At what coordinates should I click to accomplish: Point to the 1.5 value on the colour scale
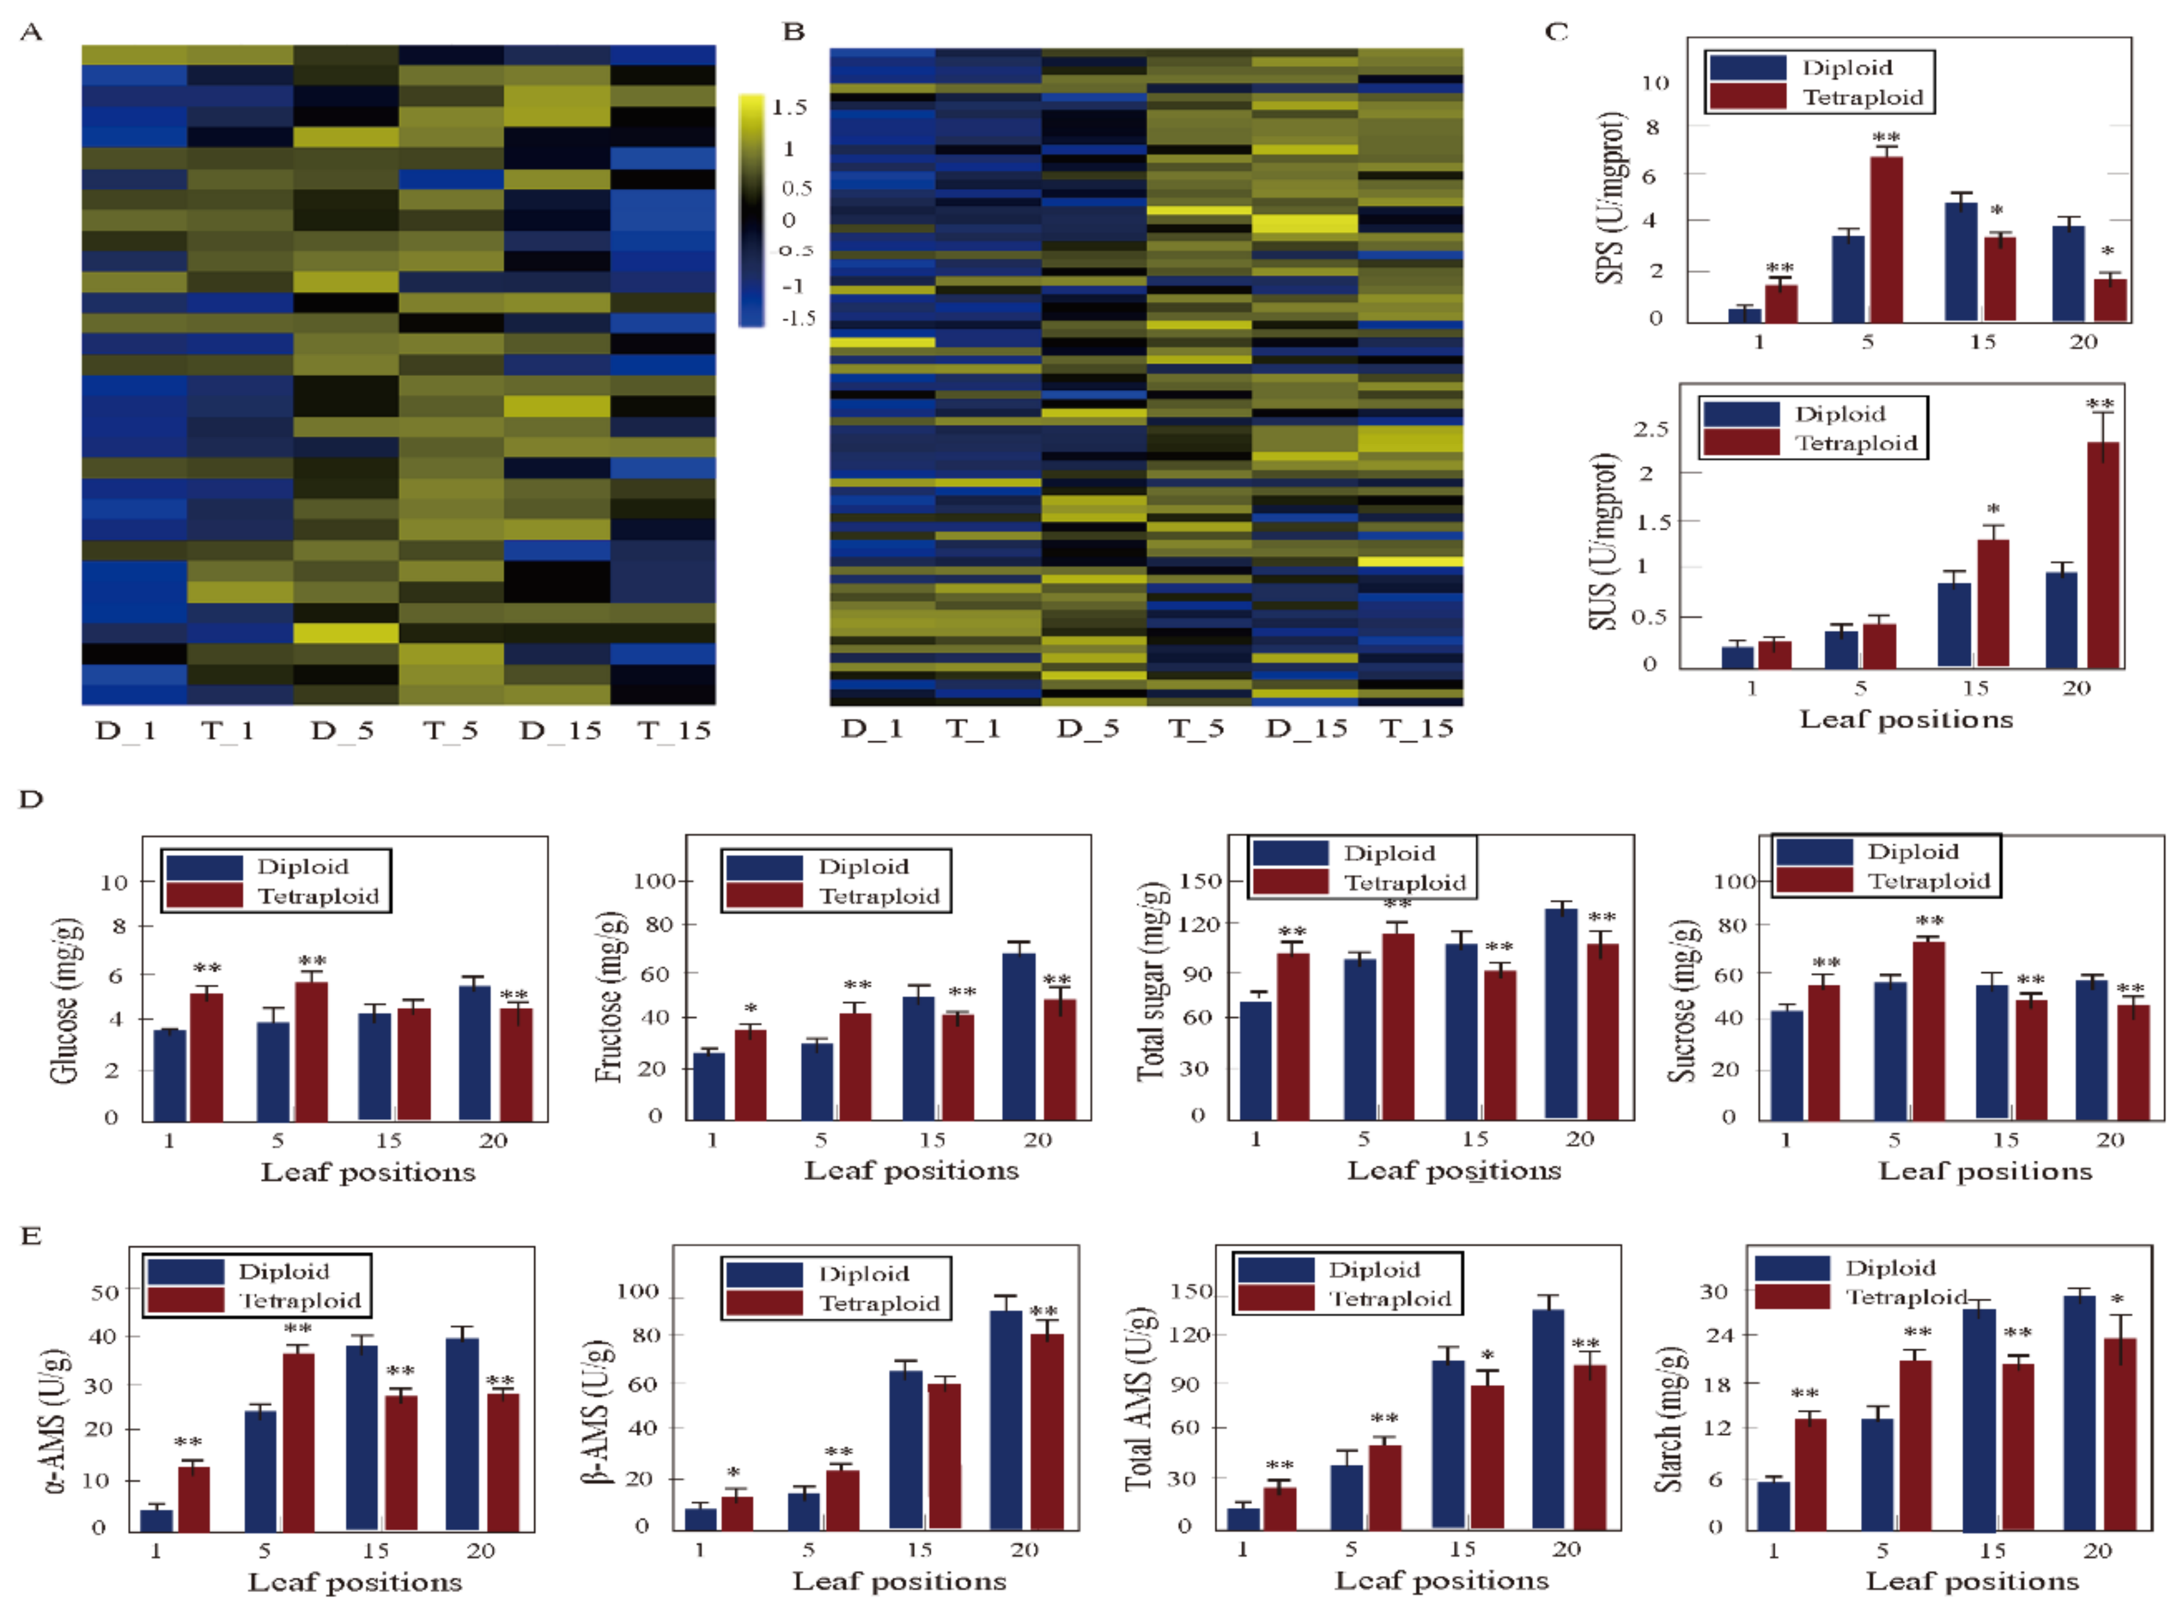coord(790,107)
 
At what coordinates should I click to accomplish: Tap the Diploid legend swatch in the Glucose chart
coord(204,866)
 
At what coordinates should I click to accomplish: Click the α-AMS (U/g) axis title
coord(57,1421)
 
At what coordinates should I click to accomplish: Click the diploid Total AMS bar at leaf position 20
coord(1548,1420)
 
